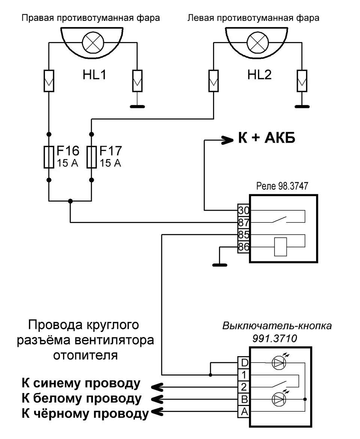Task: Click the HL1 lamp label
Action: click(x=94, y=75)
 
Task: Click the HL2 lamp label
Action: click(x=259, y=75)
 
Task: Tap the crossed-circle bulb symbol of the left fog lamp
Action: click(x=258, y=42)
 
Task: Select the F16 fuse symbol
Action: click(x=49, y=157)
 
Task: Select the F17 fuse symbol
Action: click(x=91, y=157)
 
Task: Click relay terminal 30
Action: click(x=243, y=210)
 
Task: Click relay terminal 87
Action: click(x=243, y=223)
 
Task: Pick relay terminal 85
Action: click(x=243, y=235)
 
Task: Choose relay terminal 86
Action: click(x=243, y=247)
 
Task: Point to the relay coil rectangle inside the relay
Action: click(x=280, y=247)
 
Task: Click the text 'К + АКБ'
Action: click(x=267, y=139)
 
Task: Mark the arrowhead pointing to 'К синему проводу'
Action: click(x=157, y=386)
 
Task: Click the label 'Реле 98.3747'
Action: click(x=282, y=186)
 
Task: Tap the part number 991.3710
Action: click(x=276, y=338)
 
